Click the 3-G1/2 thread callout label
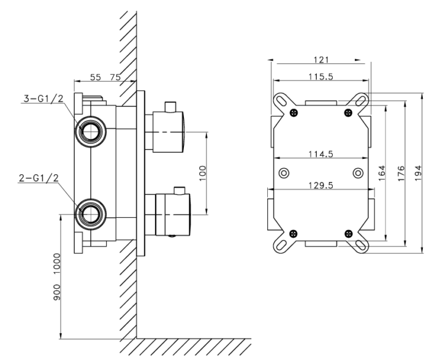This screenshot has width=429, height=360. point(44,98)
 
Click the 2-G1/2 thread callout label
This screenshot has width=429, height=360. point(39,178)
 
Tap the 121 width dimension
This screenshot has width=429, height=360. point(321,59)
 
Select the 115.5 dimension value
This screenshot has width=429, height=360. point(321,77)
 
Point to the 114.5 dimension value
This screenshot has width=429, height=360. point(321,154)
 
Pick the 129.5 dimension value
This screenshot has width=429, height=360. point(321,185)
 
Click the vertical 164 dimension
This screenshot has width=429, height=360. point(382,173)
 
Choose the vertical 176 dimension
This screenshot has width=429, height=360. point(401,173)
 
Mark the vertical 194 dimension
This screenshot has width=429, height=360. point(419,173)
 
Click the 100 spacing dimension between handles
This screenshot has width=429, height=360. point(202,173)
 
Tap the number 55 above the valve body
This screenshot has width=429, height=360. point(96,77)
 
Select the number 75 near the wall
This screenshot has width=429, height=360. point(115,77)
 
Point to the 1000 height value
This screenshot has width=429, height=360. point(56,263)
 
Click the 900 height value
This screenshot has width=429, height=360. point(56,292)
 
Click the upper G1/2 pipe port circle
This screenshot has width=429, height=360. point(91,131)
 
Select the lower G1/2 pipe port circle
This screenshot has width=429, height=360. point(91,215)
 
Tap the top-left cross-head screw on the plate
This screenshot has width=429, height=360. point(294,112)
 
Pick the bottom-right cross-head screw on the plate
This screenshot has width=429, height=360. point(348,234)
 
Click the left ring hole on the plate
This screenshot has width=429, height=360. point(284,173)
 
